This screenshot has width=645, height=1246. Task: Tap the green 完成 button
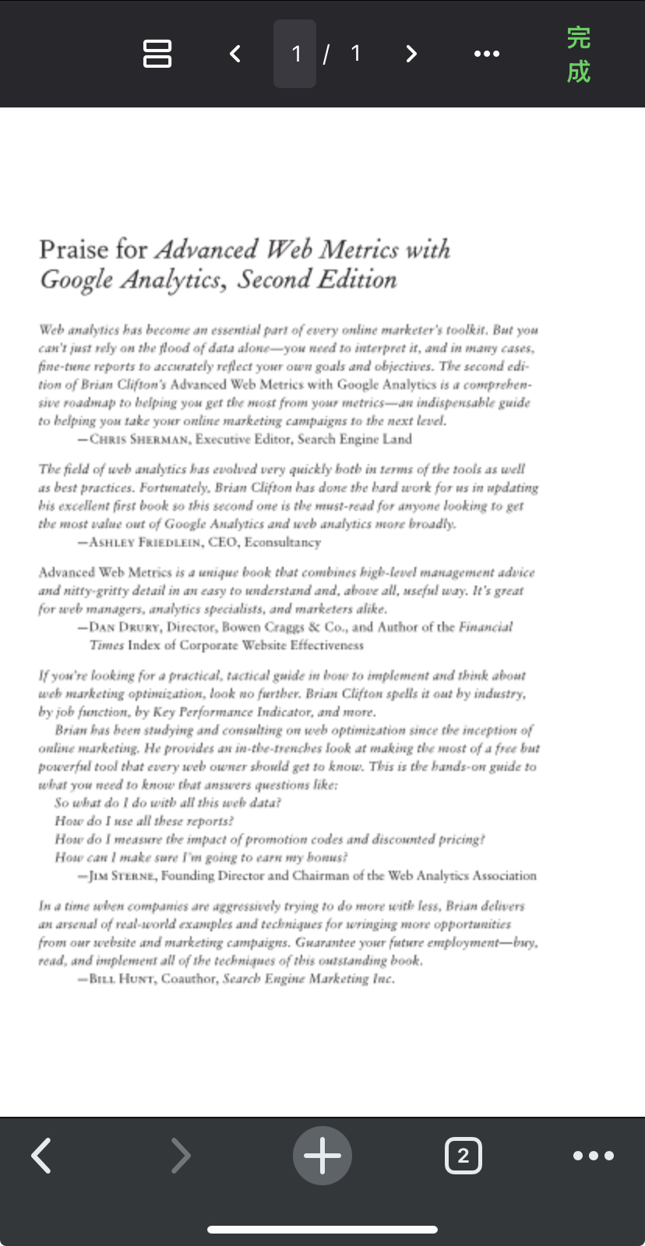pos(578,54)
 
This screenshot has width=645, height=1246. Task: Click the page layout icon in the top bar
pos(157,54)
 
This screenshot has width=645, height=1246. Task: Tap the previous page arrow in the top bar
pos(235,54)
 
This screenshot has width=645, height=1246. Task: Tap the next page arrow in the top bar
pos(411,54)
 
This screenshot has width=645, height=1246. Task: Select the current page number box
pos(295,54)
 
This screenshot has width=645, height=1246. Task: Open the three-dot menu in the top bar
pos(487,54)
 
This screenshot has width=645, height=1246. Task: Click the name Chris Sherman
pos(139,439)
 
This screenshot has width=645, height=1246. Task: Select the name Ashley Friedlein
pos(144,543)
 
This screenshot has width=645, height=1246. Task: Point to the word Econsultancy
pos(282,543)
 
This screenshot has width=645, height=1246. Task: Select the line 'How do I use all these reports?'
pos(144,822)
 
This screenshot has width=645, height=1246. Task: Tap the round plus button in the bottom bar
pos(322,1156)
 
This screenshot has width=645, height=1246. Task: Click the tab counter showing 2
pos(463,1156)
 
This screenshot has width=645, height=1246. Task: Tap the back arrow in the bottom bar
pos(42,1156)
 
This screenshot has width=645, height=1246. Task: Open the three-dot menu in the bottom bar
pos(594,1156)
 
